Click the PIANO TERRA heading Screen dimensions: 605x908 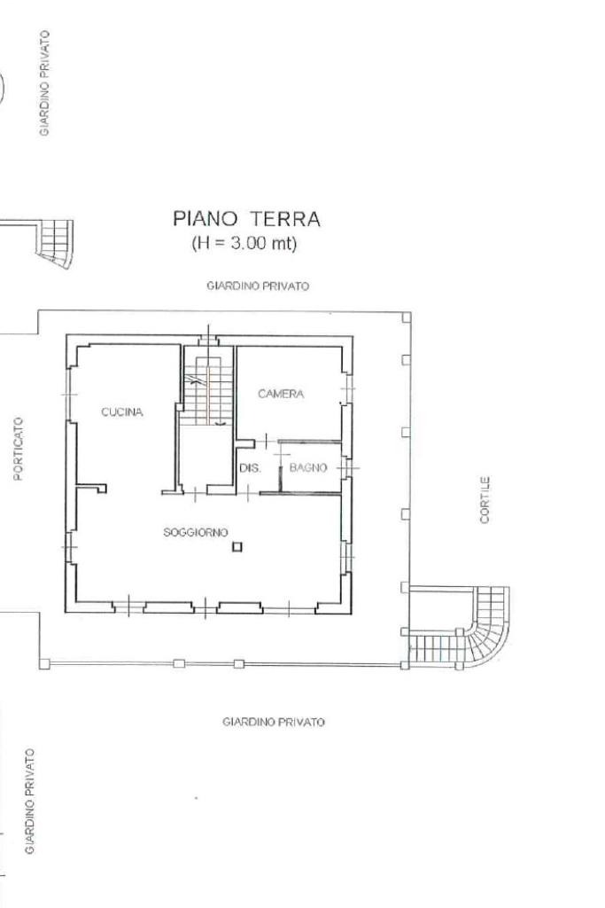pos(246,219)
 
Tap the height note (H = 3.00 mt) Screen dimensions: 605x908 pos(244,243)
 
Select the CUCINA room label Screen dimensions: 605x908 pos(122,412)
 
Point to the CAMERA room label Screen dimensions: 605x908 pos(281,394)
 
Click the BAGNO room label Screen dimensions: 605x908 pos(308,468)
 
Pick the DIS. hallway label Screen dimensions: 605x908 pos(250,468)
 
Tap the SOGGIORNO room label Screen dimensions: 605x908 pos(196,532)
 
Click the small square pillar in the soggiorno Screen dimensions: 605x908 pos(237,546)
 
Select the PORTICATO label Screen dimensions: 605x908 pos(18,449)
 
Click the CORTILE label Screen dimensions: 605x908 pos(485,500)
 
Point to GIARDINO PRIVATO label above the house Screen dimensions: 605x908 pos(258,286)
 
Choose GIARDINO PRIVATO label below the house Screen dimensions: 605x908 pos(274,722)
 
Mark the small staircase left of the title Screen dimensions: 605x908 pos(57,243)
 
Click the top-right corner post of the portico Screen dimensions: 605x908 pos(407,317)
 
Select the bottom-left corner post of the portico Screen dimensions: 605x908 pos(44,664)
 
